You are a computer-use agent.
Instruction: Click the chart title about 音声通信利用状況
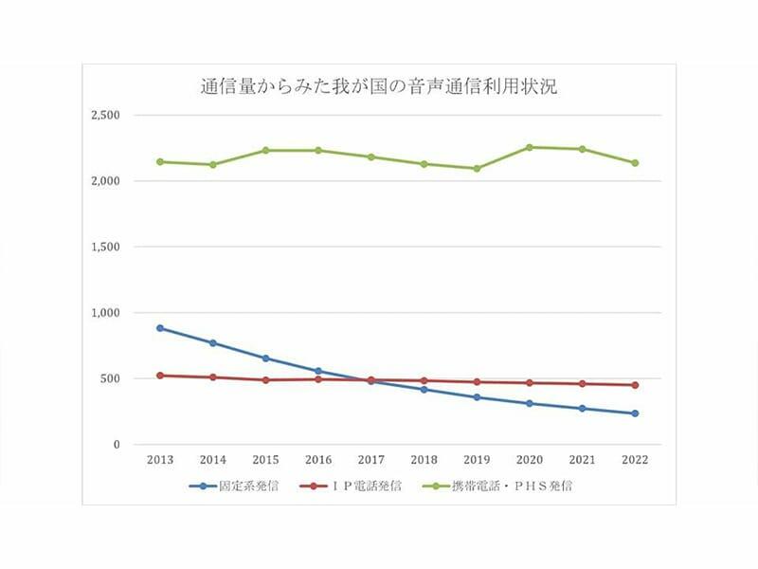(x=378, y=88)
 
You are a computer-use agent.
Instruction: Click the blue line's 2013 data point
(x=160, y=328)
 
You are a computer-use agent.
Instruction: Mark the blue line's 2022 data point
(x=635, y=413)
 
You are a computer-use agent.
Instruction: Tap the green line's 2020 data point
(x=530, y=147)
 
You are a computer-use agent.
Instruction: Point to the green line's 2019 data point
(x=477, y=169)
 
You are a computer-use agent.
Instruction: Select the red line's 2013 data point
(x=160, y=376)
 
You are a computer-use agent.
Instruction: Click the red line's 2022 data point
(x=635, y=385)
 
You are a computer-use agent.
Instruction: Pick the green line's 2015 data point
(x=265, y=150)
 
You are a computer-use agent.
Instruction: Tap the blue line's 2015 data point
(x=265, y=358)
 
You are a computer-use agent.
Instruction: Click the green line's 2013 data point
(x=160, y=161)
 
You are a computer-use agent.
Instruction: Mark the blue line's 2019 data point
(x=477, y=397)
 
